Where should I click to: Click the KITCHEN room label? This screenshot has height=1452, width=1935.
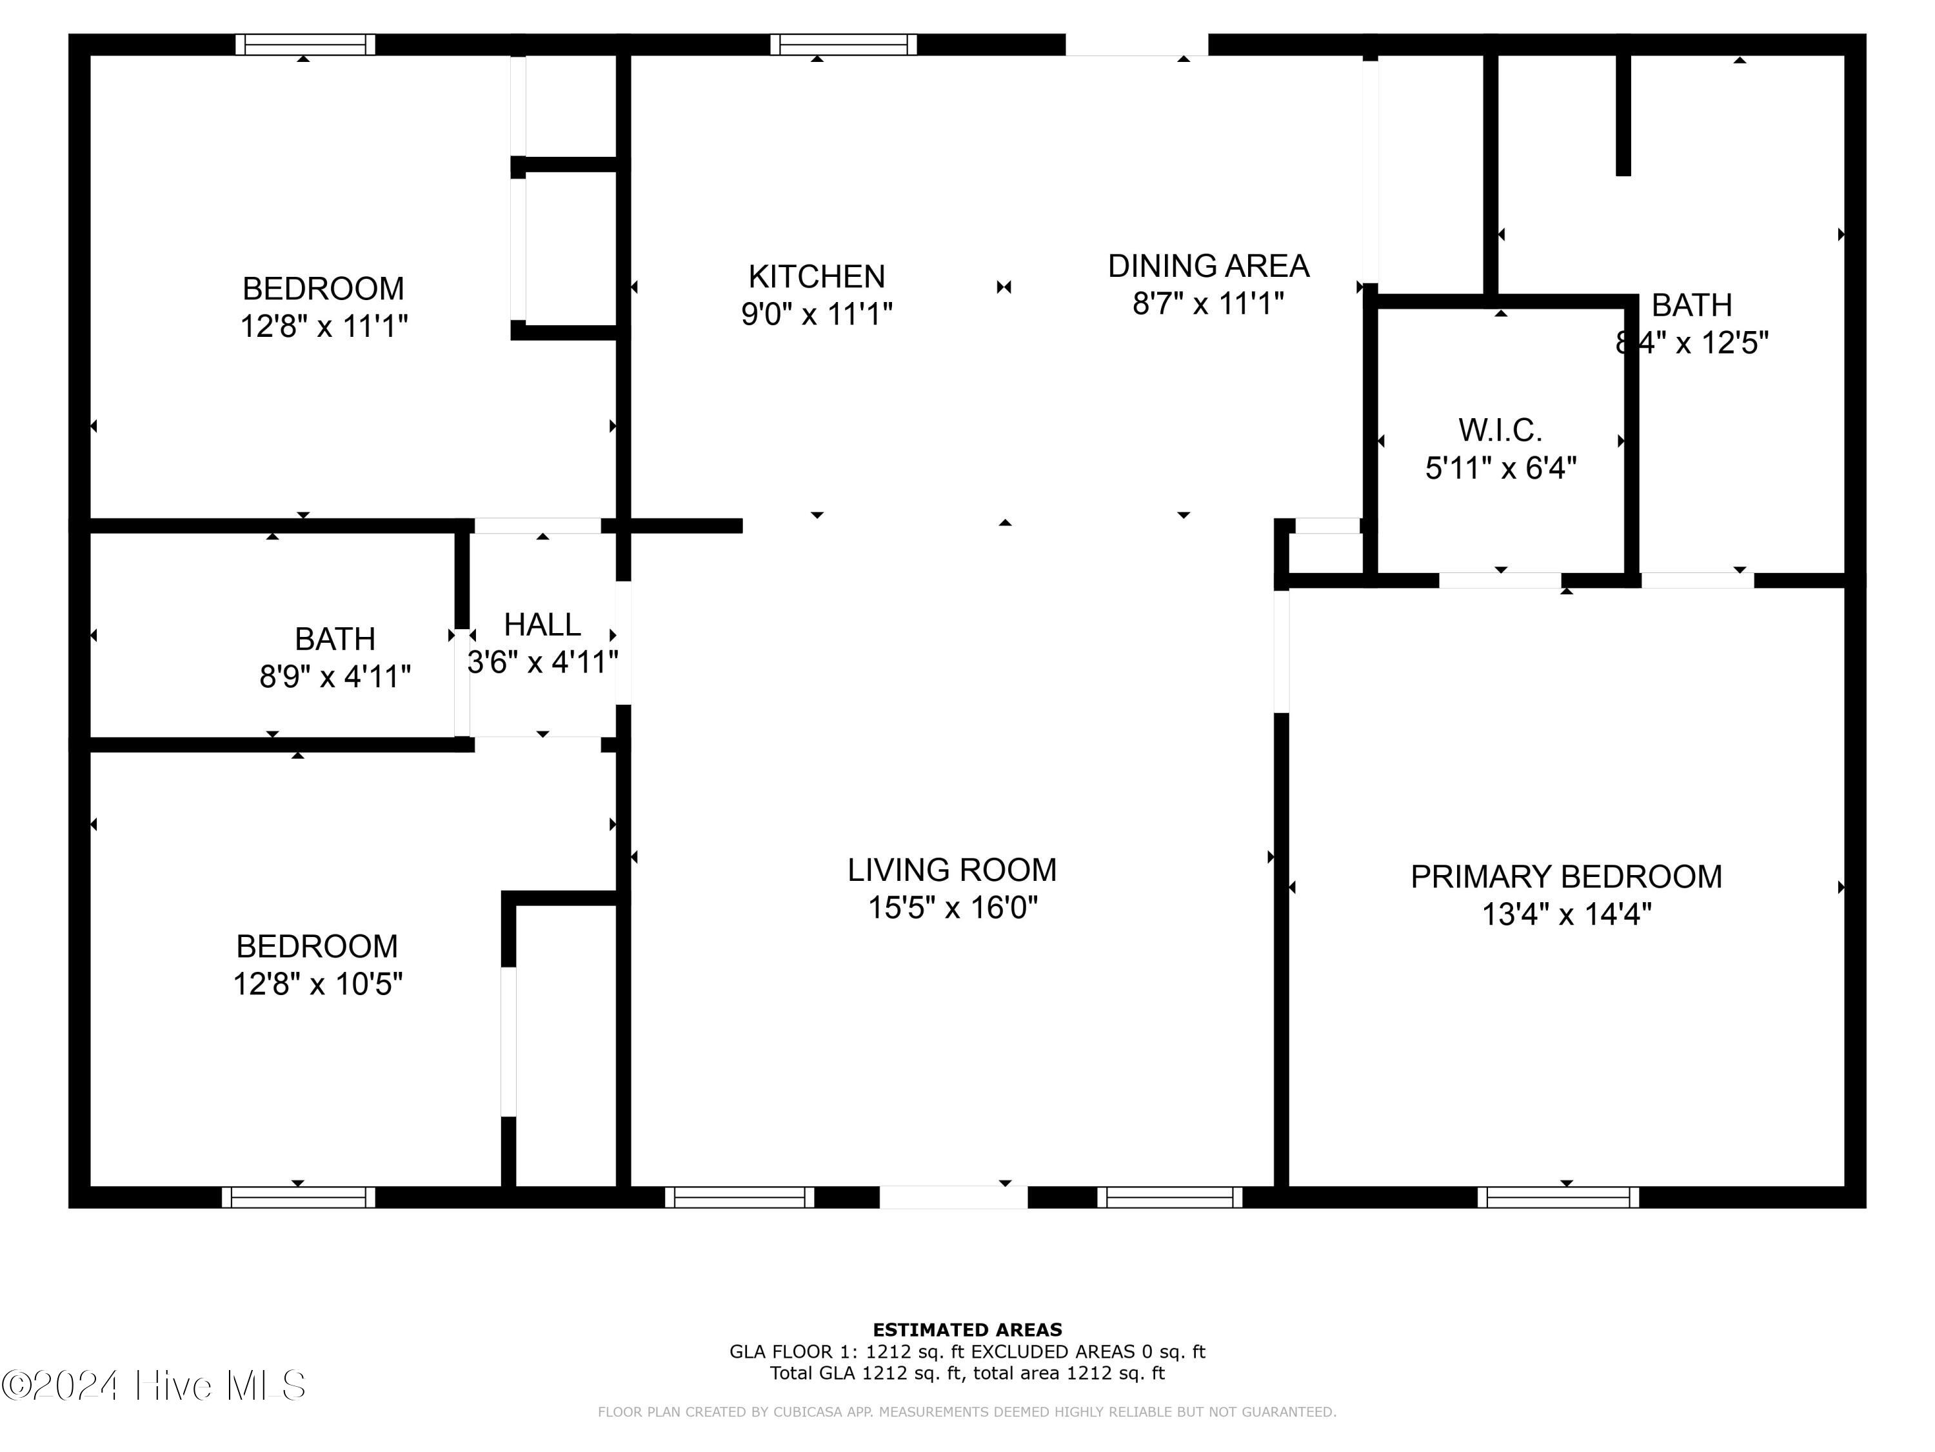click(x=816, y=277)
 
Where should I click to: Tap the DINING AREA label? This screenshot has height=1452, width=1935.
click(x=1208, y=266)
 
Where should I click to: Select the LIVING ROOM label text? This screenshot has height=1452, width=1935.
click(x=952, y=870)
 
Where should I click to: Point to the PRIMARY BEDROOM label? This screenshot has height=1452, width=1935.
click(x=1566, y=877)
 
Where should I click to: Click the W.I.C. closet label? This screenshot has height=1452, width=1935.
click(x=1500, y=430)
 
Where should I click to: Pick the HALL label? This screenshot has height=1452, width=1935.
click(x=542, y=625)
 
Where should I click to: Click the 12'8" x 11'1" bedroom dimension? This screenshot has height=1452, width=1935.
click(x=324, y=327)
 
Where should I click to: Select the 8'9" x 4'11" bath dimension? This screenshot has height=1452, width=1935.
click(x=335, y=676)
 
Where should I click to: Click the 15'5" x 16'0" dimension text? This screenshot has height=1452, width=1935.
click(x=953, y=907)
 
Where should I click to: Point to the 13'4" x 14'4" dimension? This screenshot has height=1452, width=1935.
click(x=1567, y=914)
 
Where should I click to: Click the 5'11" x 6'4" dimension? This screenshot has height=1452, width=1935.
click(x=1501, y=469)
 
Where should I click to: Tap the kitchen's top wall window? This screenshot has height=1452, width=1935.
click(x=843, y=45)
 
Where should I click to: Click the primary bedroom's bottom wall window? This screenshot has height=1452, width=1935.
click(x=1558, y=1197)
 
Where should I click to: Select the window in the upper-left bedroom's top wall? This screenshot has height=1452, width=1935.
click(x=305, y=45)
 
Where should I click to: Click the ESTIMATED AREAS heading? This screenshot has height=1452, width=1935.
click(x=967, y=1330)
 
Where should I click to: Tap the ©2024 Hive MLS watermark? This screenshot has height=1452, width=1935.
click(x=154, y=1386)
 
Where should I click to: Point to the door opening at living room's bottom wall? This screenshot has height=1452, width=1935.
click(x=953, y=1197)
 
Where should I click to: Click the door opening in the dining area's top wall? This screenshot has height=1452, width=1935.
click(x=1137, y=45)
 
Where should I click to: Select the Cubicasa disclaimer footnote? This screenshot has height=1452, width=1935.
click(x=967, y=1412)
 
